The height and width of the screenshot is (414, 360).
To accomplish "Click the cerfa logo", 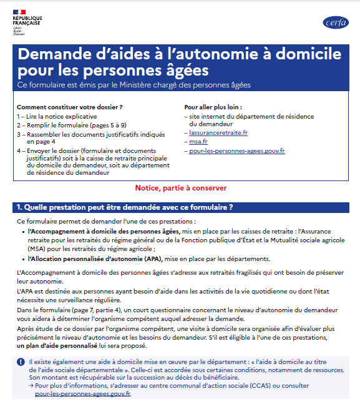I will (336, 22).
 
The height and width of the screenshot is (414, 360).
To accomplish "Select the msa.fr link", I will (198, 142).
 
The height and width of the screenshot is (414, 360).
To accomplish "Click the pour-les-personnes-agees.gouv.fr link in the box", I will (237, 150).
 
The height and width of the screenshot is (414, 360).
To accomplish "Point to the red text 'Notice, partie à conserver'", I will (181, 188).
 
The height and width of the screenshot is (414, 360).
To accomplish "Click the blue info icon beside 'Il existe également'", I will (21, 362).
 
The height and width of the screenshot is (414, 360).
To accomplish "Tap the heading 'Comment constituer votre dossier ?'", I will (69, 107).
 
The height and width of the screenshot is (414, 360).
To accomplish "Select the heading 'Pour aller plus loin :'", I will (213, 107).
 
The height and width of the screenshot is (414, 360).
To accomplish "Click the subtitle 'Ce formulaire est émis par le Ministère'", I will (134, 84).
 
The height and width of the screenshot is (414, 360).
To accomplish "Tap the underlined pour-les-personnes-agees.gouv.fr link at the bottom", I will (82, 394).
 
